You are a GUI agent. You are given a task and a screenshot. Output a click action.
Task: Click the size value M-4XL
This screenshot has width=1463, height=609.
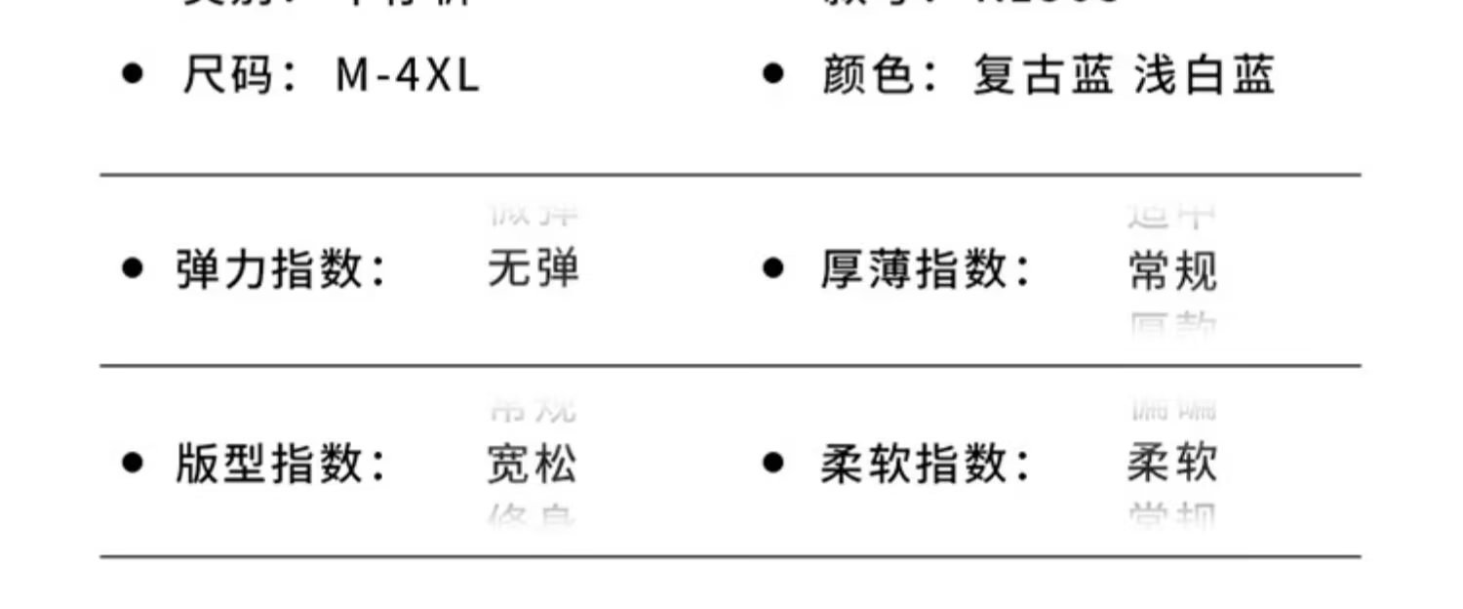[x=408, y=76]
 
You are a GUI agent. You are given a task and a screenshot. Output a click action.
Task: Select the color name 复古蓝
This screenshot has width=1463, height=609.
[x=1043, y=76]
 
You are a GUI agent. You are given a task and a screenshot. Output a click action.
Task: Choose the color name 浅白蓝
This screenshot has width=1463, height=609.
[x=1204, y=76]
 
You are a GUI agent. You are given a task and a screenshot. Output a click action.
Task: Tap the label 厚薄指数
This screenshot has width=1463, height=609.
[x=914, y=269]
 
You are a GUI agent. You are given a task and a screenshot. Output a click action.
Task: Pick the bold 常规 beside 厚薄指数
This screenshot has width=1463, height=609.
[x=1172, y=269]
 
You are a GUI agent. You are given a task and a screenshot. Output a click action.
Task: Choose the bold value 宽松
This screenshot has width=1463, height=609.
[x=532, y=464]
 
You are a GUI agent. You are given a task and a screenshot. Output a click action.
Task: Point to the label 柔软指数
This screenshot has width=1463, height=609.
[x=914, y=464]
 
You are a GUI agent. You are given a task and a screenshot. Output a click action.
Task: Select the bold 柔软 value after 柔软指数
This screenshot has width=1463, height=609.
[x=1172, y=464]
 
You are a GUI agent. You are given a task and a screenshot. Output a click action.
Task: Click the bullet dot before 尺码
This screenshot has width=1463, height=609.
[x=132, y=74]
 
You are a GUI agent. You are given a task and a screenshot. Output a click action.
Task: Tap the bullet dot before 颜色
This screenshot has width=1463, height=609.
[x=772, y=74]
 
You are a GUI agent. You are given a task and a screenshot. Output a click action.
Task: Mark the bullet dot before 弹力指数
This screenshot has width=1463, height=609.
[x=132, y=268]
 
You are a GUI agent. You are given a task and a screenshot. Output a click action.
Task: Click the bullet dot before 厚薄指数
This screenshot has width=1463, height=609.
[x=772, y=268]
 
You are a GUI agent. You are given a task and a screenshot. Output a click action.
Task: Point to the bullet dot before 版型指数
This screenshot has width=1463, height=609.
[x=132, y=463]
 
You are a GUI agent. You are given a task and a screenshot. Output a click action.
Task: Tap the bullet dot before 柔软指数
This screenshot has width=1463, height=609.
[x=772, y=463]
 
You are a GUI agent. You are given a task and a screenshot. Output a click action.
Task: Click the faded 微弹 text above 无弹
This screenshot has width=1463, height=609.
[x=534, y=213]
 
